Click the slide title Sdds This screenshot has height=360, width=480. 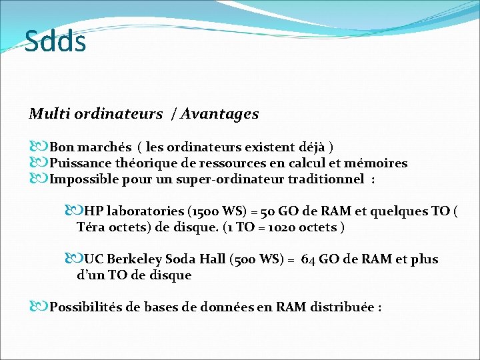click(55, 41)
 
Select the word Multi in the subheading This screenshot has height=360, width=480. click(45, 114)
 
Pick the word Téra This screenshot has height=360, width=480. click(92, 227)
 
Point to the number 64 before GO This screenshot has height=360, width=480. click(308, 259)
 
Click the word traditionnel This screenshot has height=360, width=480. click(326, 179)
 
